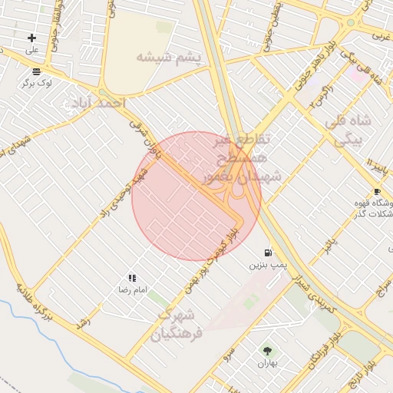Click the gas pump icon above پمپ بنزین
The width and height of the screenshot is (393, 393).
coord(267,252)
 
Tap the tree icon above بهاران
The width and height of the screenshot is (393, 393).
coord(266,350)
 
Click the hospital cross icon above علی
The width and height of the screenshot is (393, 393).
coord(31,38)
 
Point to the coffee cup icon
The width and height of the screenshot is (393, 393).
coord(376,191)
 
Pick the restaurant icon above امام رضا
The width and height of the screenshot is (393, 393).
coord(132,278)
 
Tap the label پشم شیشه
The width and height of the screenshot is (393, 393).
coord(168,58)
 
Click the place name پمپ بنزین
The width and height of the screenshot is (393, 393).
coord(267,265)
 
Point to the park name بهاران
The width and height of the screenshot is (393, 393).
coord(266,363)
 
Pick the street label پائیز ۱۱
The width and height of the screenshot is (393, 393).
coord(374,163)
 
